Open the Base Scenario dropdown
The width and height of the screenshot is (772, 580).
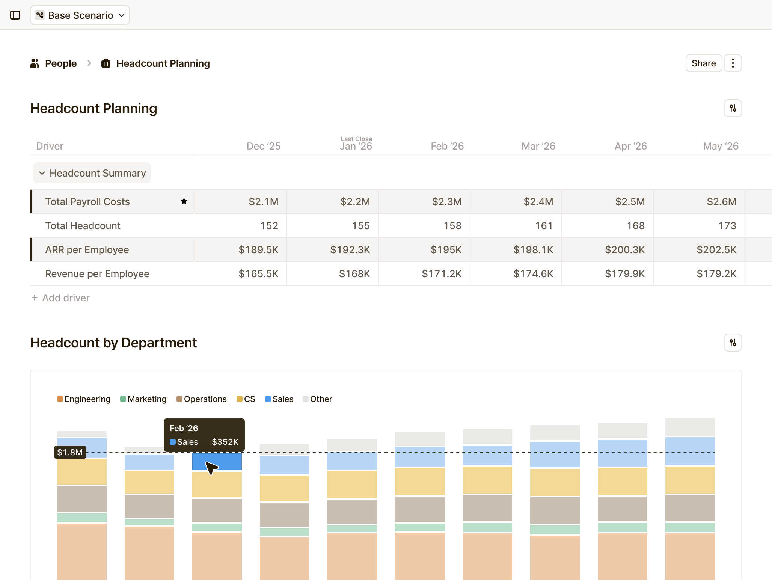[80, 15]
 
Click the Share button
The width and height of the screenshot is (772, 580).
[703, 63]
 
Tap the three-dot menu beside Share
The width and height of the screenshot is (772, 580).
[733, 63]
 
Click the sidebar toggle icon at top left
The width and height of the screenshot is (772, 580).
[15, 15]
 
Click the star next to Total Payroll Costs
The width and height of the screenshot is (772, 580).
[184, 201]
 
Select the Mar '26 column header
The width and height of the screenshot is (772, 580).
[538, 146]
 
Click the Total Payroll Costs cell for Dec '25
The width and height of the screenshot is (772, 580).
[241, 202]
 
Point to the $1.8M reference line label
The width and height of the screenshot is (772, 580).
[70, 452]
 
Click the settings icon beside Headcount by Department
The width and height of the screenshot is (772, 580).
[733, 343]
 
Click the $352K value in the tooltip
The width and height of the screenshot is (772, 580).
[225, 442]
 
